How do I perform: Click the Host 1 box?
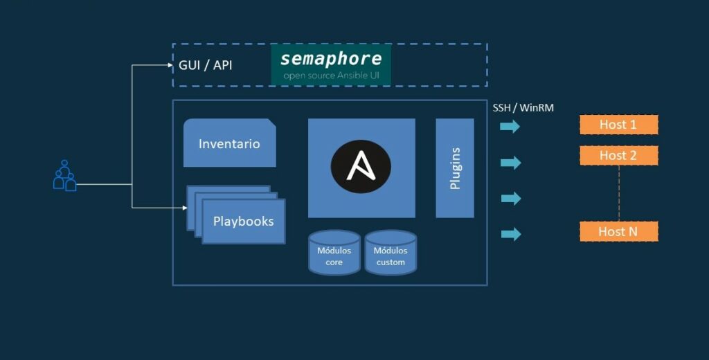pyautogui.click(x=618, y=125)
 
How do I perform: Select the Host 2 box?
pyautogui.click(x=618, y=155)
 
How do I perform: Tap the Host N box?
pyautogui.click(x=618, y=231)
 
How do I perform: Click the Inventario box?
pyautogui.click(x=229, y=143)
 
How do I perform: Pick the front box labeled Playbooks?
pyautogui.click(x=243, y=222)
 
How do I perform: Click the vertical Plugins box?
pyautogui.click(x=455, y=168)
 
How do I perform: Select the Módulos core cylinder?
pyautogui.click(x=334, y=253)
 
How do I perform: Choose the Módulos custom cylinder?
pyautogui.click(x=391, y=253)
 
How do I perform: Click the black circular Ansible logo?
pyautogui.click(x=361, y=167)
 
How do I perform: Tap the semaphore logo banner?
pyautogui.click(x=331, y=64)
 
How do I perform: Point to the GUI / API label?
pyautogui.click(x=206, y=66)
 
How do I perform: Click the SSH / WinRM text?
pyautogui.click(x=523, y=108)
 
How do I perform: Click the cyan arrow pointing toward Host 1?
pyautogui.click(x=510, y=127)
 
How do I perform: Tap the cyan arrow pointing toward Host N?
pyautogui.click(x=510, y=234)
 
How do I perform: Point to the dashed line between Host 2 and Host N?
pyautogui.click(x=618, y=193)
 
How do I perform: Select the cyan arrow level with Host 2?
pyautogui.click(x=510, y=163)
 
